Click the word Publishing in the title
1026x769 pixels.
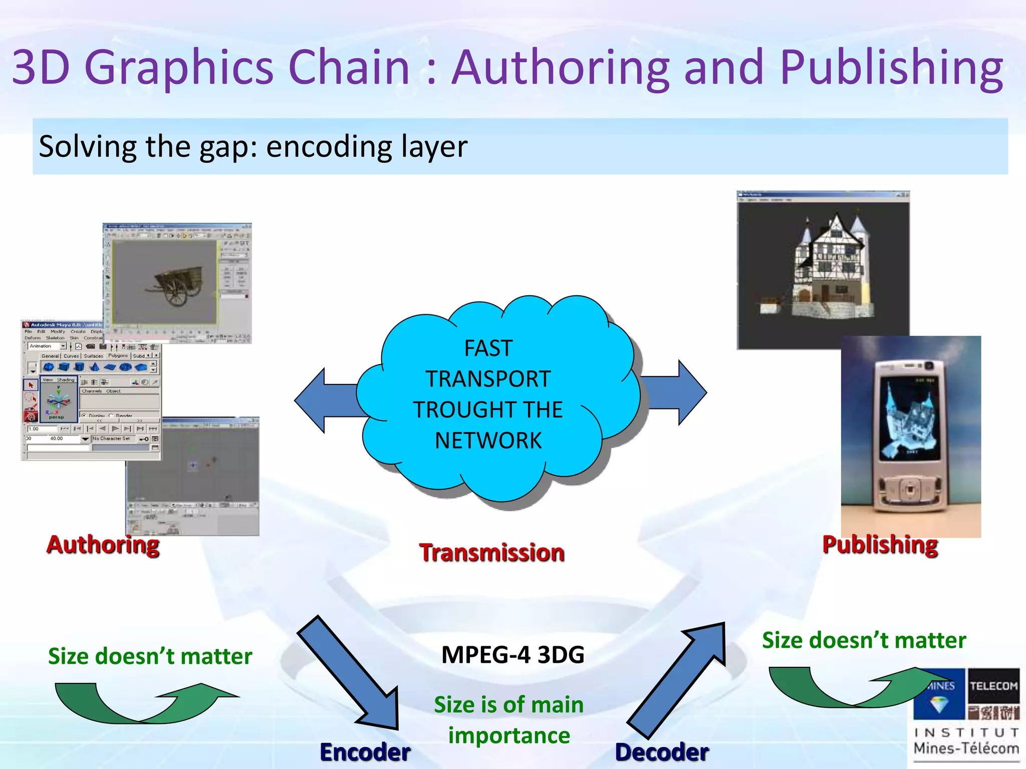click(891, 68)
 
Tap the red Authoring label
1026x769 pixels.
click(103, 545)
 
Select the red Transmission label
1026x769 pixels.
click(491, 553)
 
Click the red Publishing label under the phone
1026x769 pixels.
click(880, 545)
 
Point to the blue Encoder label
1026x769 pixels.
click(365, 752)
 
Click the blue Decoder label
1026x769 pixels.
click(662, 752)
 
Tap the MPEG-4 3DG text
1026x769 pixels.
click(512, 655)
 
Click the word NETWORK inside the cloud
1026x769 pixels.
click(488, 441)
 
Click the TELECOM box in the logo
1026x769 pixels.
click(993, 686)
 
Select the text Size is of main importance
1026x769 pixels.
click(508, 720)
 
